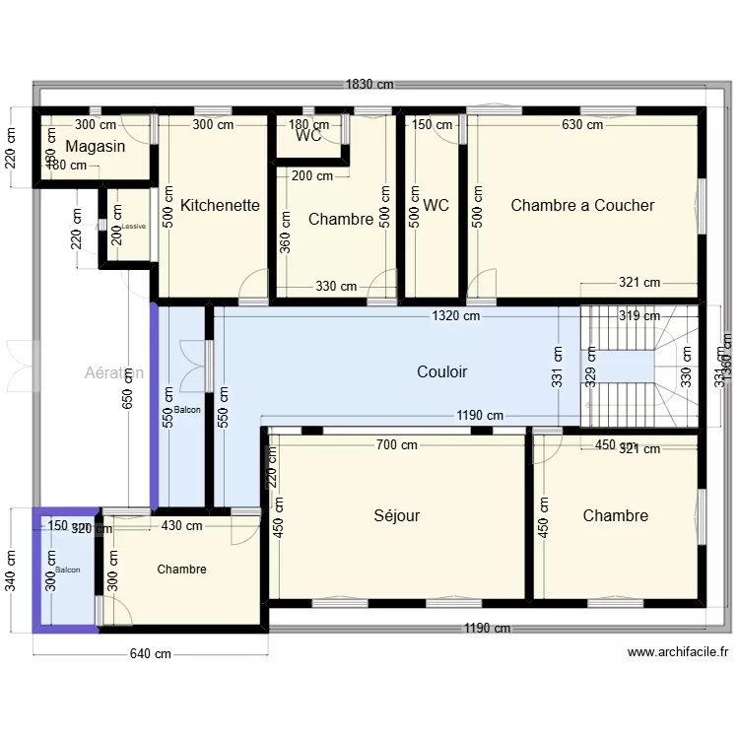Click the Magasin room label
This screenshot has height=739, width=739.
tap(96, 146)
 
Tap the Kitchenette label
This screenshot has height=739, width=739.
tap(220, 205)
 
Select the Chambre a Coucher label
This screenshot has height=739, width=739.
tap(582, 205)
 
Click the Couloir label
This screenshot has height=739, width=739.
tap(441, 371)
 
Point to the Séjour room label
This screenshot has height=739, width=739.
tap(397, 515)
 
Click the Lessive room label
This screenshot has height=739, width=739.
tap(133, 226)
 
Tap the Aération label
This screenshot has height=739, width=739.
tap(113, 372)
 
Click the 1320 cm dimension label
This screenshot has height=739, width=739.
tap(455, 316)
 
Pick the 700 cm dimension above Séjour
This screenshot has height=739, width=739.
tap(396, 444)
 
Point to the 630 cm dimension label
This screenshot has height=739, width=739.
tap(582, 125)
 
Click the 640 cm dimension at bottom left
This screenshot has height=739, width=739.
tap(150, 653)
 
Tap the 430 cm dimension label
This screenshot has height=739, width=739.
tap(181, 526)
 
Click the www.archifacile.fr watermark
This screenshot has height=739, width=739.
tap(677, 651)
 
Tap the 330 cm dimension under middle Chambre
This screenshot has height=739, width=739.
tap(336, 287)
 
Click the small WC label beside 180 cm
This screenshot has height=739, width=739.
tap(308, 137)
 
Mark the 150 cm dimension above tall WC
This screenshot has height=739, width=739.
tap(432, 125)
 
